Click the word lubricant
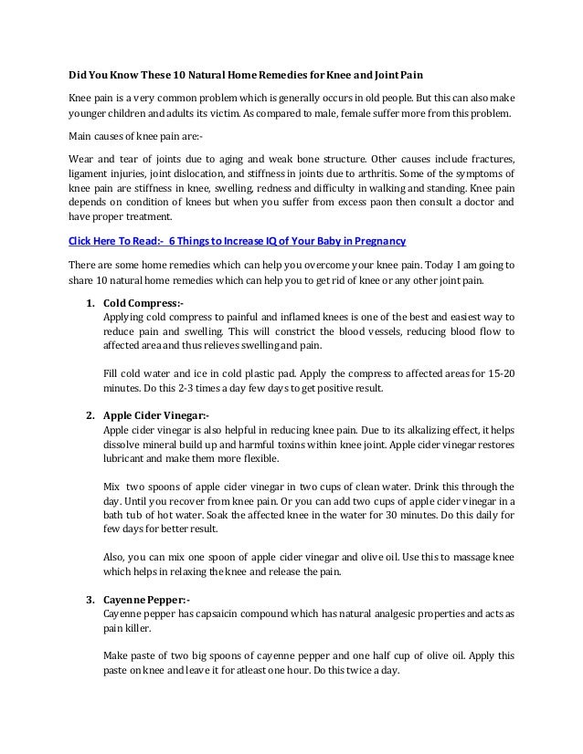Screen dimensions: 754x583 (x=124, y=458)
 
